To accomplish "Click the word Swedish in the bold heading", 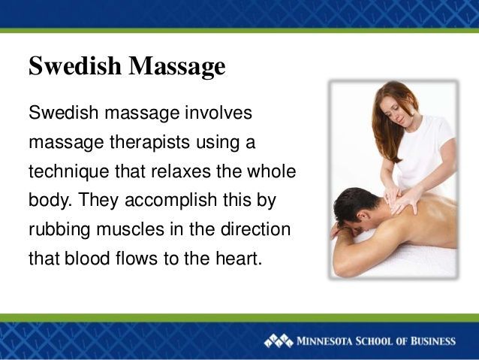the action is (75, 65).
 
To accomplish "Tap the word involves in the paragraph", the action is (218, 112).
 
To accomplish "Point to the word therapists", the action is (149, 143).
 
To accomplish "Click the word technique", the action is (69, 171).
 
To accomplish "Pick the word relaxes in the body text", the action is (180, 171).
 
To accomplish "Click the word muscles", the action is (131, 229).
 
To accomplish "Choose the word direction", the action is (255, 229).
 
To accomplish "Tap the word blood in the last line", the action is (87, 259).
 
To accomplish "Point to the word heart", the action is (239, 259).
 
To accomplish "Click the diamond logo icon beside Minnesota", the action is (278, 341).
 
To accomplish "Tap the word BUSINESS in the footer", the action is (433, 341).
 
